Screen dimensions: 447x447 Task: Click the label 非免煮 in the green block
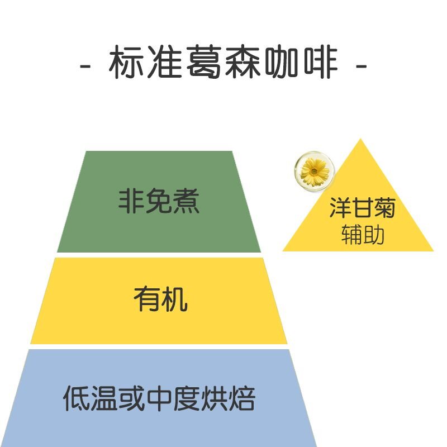(x=159, y=201)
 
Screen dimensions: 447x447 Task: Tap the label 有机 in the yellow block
(x=160, y=300)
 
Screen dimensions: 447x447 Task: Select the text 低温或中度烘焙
(x=159, y=399)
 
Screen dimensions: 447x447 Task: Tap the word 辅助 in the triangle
(x=363, y=235)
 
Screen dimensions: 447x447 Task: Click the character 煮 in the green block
(x=186, y=201)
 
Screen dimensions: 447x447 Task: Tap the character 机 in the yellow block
(x=174, y=300)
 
